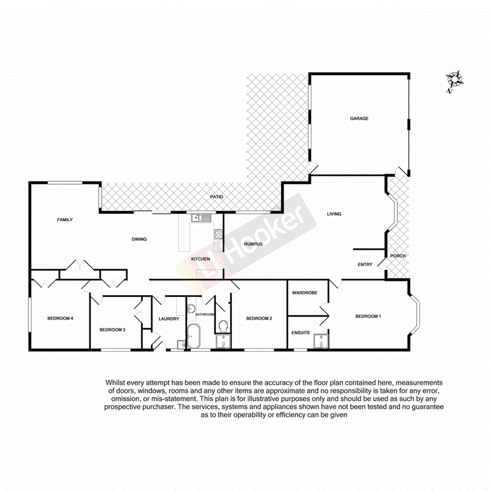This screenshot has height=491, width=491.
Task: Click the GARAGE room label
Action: click(359, 119)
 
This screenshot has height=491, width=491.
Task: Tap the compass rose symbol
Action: click(454, 80)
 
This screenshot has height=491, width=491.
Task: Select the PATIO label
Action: click(217, 197)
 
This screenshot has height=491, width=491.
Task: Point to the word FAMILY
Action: click(65, 220)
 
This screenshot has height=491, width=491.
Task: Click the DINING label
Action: click(139, 239)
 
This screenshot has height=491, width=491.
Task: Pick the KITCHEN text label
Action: click(201, 259)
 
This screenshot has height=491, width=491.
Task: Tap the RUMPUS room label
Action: click(253, 244)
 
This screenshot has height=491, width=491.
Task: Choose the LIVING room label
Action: click(334, 214)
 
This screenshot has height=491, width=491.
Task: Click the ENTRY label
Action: click(365, 264)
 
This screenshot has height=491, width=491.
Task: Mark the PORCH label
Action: click(398, 256)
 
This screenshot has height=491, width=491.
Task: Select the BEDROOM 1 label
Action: click(367, 316)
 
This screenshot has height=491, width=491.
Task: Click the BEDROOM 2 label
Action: click(259, 318)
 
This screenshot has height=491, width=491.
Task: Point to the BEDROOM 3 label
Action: click(112, 330)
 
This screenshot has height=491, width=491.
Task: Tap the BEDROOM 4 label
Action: click(60, 318)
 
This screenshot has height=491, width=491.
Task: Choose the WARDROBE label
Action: click(305, 292)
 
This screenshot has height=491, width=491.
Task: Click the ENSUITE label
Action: click(301, 332)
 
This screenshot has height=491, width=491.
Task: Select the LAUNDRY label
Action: click(169, 319)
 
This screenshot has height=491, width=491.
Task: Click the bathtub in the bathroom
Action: click(193, 337)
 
